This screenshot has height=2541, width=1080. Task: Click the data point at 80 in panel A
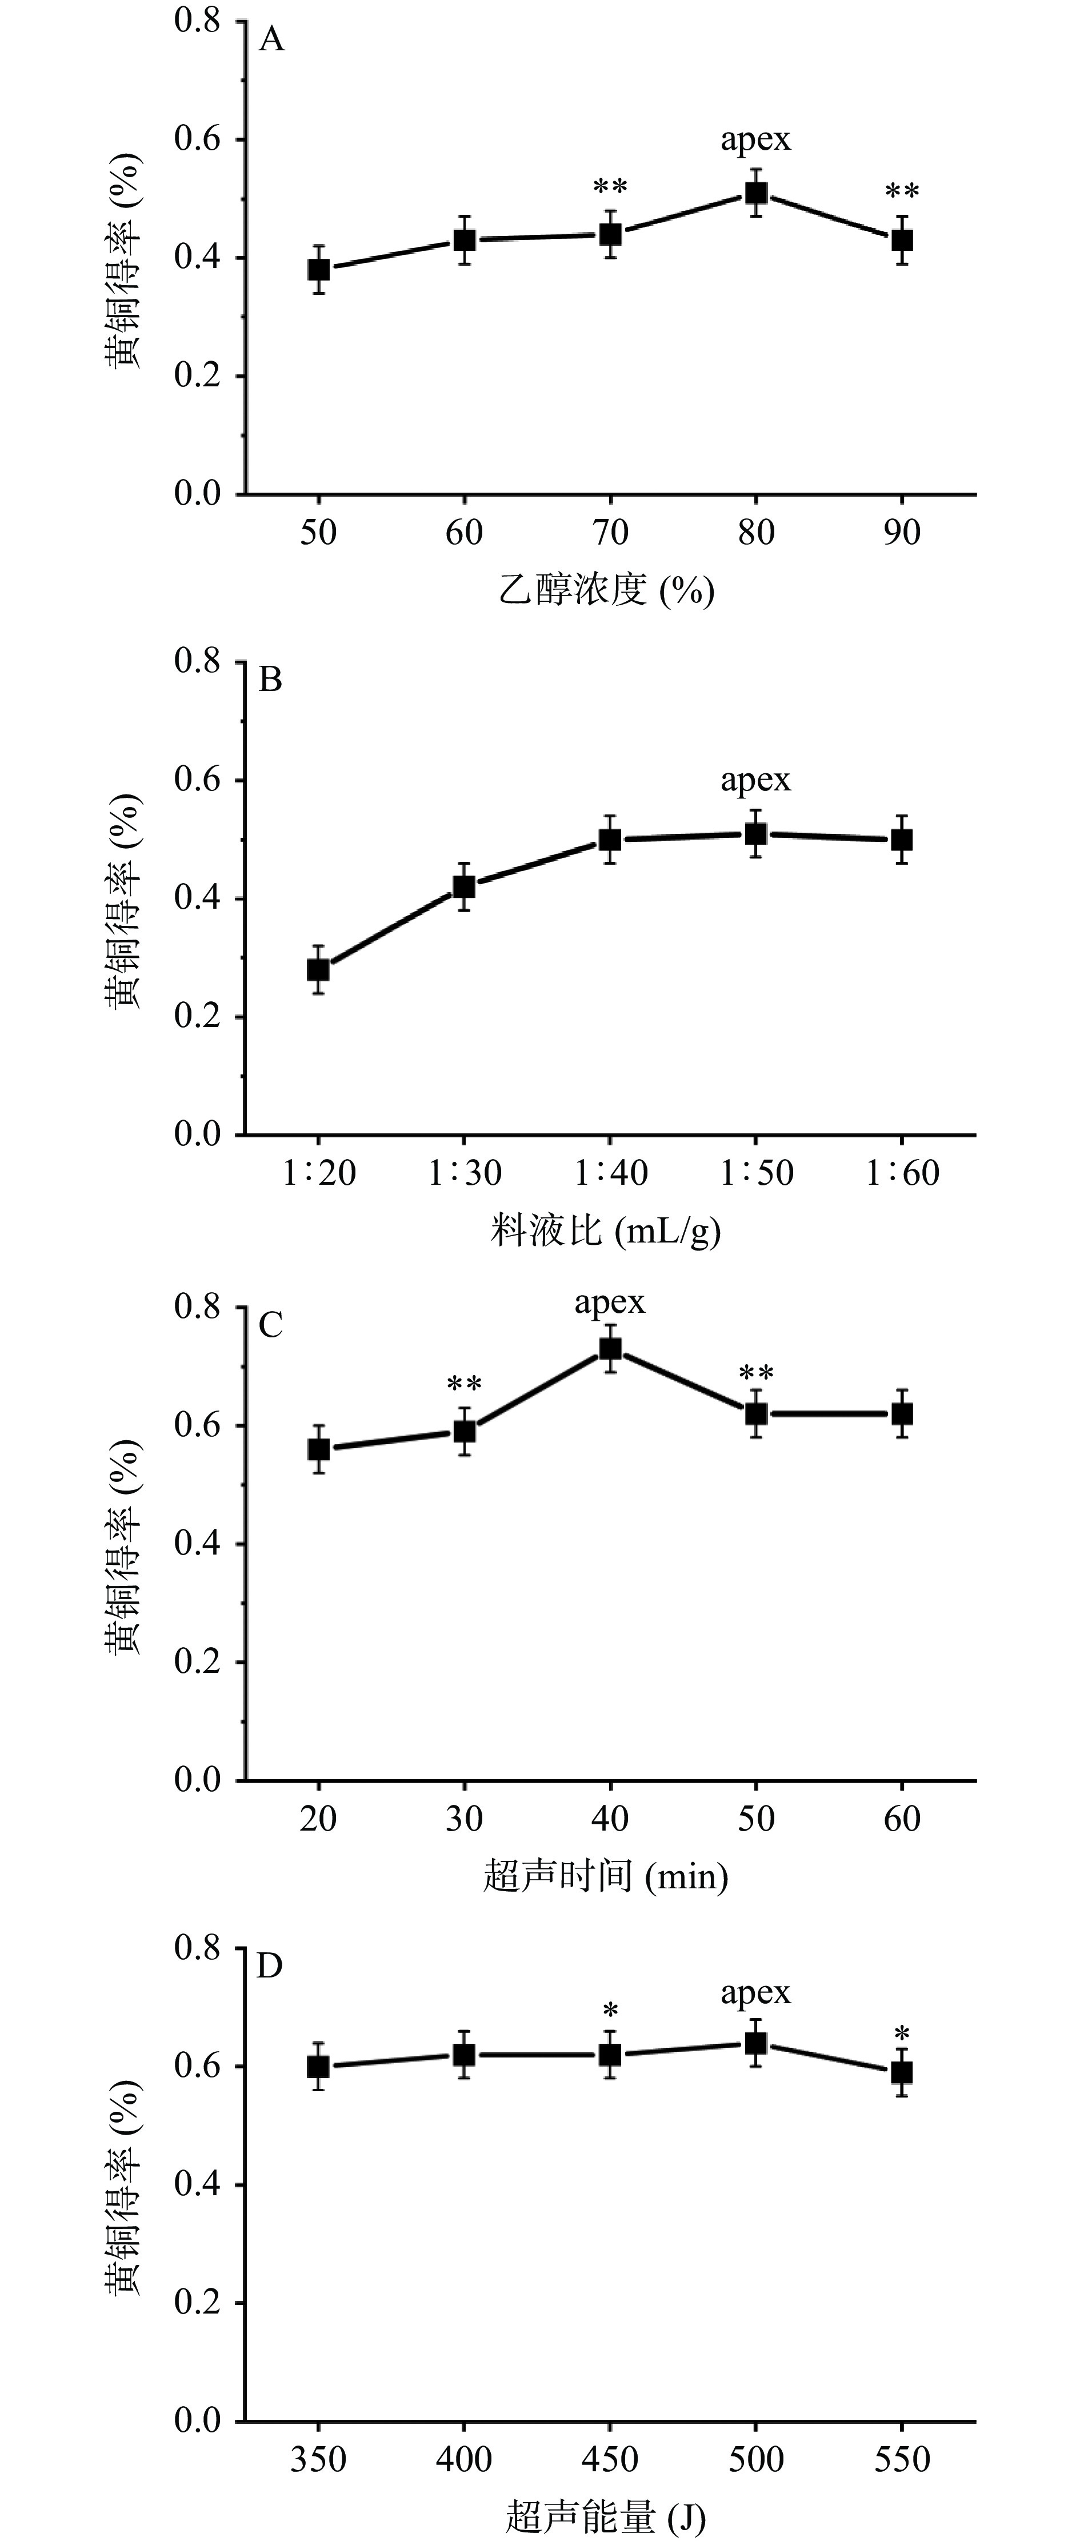point(757,193)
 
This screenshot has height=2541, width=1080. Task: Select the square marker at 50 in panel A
point(319,269)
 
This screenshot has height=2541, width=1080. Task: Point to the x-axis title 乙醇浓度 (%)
point(606,590)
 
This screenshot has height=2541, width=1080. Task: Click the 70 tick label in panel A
point(610,533)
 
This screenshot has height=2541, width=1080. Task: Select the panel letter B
point(270,681)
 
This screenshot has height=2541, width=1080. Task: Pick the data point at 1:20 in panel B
point(319,970)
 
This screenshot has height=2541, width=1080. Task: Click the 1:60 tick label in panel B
point(902,1173)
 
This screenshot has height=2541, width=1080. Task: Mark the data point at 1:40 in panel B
point(610,840)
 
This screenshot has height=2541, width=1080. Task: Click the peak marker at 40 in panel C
point(610,1348)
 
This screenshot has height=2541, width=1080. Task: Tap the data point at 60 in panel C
point(902,1413)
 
